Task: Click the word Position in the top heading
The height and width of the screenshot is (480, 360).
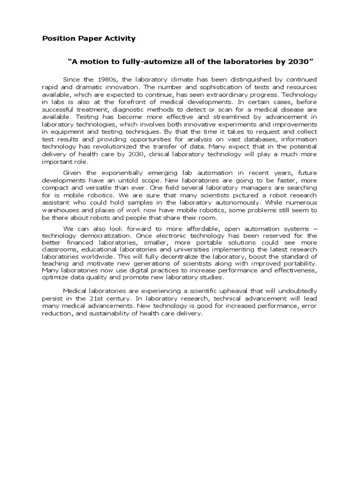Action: tap(57, 38)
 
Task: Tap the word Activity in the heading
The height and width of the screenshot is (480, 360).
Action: tap(120, 38)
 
